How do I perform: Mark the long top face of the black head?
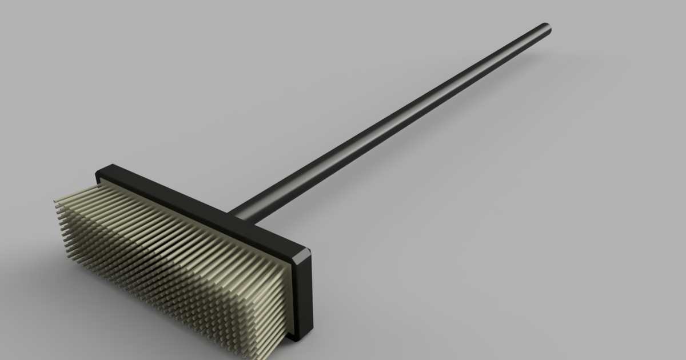[x=200, y=209]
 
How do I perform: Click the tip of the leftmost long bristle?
[x=55, y=201]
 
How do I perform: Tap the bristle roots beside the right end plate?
[x=283, y=286]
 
